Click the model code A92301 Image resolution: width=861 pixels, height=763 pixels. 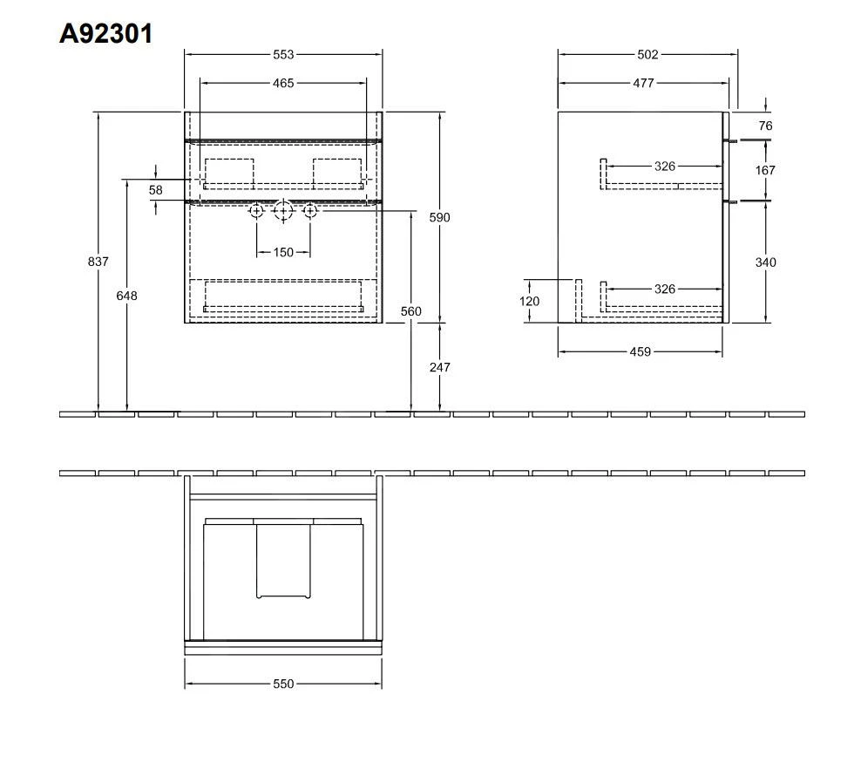(x=105, y=34)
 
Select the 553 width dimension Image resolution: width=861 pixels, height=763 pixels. (x=283, y=55)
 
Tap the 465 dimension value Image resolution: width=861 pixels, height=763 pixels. (x=283, y=84)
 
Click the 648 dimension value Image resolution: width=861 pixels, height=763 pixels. (x=126, y=296)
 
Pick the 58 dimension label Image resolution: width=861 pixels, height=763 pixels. (x=155, y=189)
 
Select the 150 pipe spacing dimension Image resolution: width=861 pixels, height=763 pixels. (x=283, y=252)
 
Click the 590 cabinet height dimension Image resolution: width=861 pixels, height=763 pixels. (x=440, y=217)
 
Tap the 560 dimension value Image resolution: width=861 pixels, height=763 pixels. (x=410, y=311)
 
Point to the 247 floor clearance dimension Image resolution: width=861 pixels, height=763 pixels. (x=440, y=367)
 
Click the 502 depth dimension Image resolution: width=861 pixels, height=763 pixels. (x=647, y=55)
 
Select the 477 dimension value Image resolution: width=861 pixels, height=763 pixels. (x=643, y=84)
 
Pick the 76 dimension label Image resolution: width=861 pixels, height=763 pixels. (x=765, y=126)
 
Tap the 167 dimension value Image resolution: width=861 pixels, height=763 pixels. (x=765, y=170)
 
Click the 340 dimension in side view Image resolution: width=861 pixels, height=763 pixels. (x=765, y=262)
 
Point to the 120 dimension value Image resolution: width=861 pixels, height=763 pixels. (x=529, y=301)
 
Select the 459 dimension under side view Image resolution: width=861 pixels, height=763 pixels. (x=641, y=352)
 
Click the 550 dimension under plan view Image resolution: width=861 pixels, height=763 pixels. (x=283, y=685)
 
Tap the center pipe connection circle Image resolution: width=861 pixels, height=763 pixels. (x=283, y=211)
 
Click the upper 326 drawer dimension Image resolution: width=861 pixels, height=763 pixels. (x=665, y=166)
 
